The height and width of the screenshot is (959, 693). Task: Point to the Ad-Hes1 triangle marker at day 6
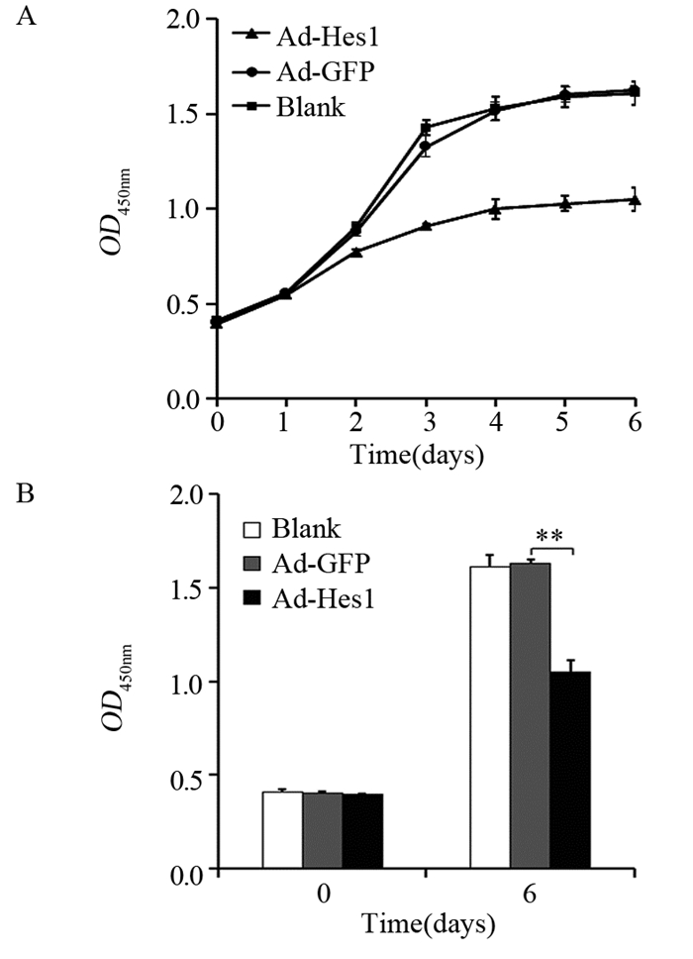634,200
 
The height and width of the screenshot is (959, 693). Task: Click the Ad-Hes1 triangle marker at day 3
426,226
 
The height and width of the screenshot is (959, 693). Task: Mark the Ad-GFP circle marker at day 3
426,147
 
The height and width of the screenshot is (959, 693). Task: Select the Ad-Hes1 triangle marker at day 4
495,208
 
